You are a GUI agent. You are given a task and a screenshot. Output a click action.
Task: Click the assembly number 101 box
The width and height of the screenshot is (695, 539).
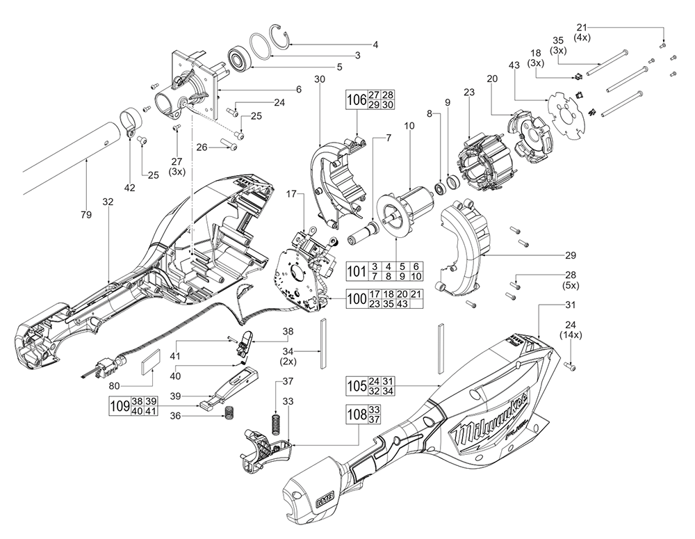pos(359,271)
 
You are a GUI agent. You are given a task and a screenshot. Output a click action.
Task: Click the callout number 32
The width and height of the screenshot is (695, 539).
pos(107,202)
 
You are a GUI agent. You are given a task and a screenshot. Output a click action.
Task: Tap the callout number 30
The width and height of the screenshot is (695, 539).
pos(319,80)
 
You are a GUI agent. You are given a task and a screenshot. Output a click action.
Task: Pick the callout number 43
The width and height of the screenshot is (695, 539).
pos(514,65)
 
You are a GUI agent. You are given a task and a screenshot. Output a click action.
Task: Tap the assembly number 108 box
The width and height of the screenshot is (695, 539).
pos(357,415)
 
